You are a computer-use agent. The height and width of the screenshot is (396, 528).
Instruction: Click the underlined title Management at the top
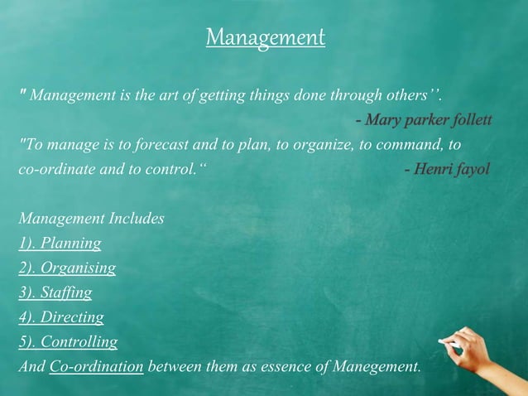click(265, 37)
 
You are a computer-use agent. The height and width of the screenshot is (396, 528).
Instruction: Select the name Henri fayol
click(451, 169)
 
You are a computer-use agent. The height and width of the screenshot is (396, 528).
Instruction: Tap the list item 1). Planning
click(60, 244)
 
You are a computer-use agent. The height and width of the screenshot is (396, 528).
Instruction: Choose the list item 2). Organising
click(67, 268)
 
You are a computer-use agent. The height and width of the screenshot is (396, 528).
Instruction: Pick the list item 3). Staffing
click(55, 292)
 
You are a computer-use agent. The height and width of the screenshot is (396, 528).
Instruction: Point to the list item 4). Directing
click(60, 316)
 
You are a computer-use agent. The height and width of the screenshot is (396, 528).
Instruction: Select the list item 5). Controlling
click(68, 341)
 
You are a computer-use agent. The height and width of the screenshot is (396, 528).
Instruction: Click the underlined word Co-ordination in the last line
click(97, 365)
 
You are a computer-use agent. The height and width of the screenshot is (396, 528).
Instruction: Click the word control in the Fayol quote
click(170, 169)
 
